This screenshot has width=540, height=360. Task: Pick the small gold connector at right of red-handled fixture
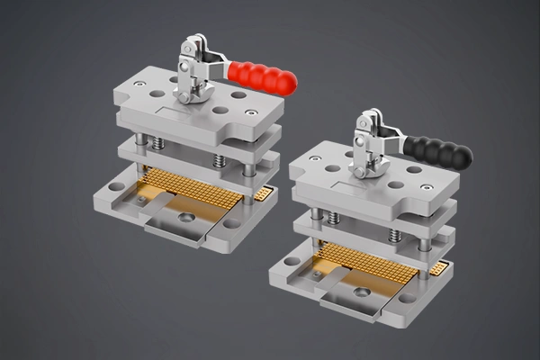[x=264, y=193]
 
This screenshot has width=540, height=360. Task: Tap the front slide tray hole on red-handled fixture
[x=185, y=218]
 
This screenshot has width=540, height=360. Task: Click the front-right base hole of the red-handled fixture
[x=232, y=223]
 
